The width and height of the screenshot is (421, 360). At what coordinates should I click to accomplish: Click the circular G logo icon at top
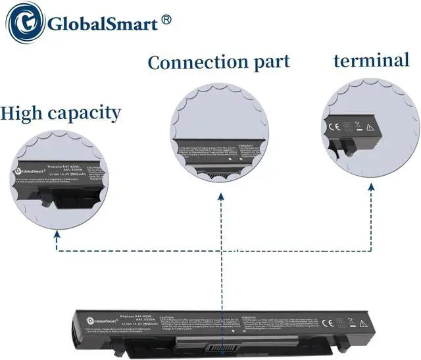point(25,25)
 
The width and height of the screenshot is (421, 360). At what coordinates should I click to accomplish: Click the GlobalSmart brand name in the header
point(103,25)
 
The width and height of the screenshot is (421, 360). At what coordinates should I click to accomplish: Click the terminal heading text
point(371,61)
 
